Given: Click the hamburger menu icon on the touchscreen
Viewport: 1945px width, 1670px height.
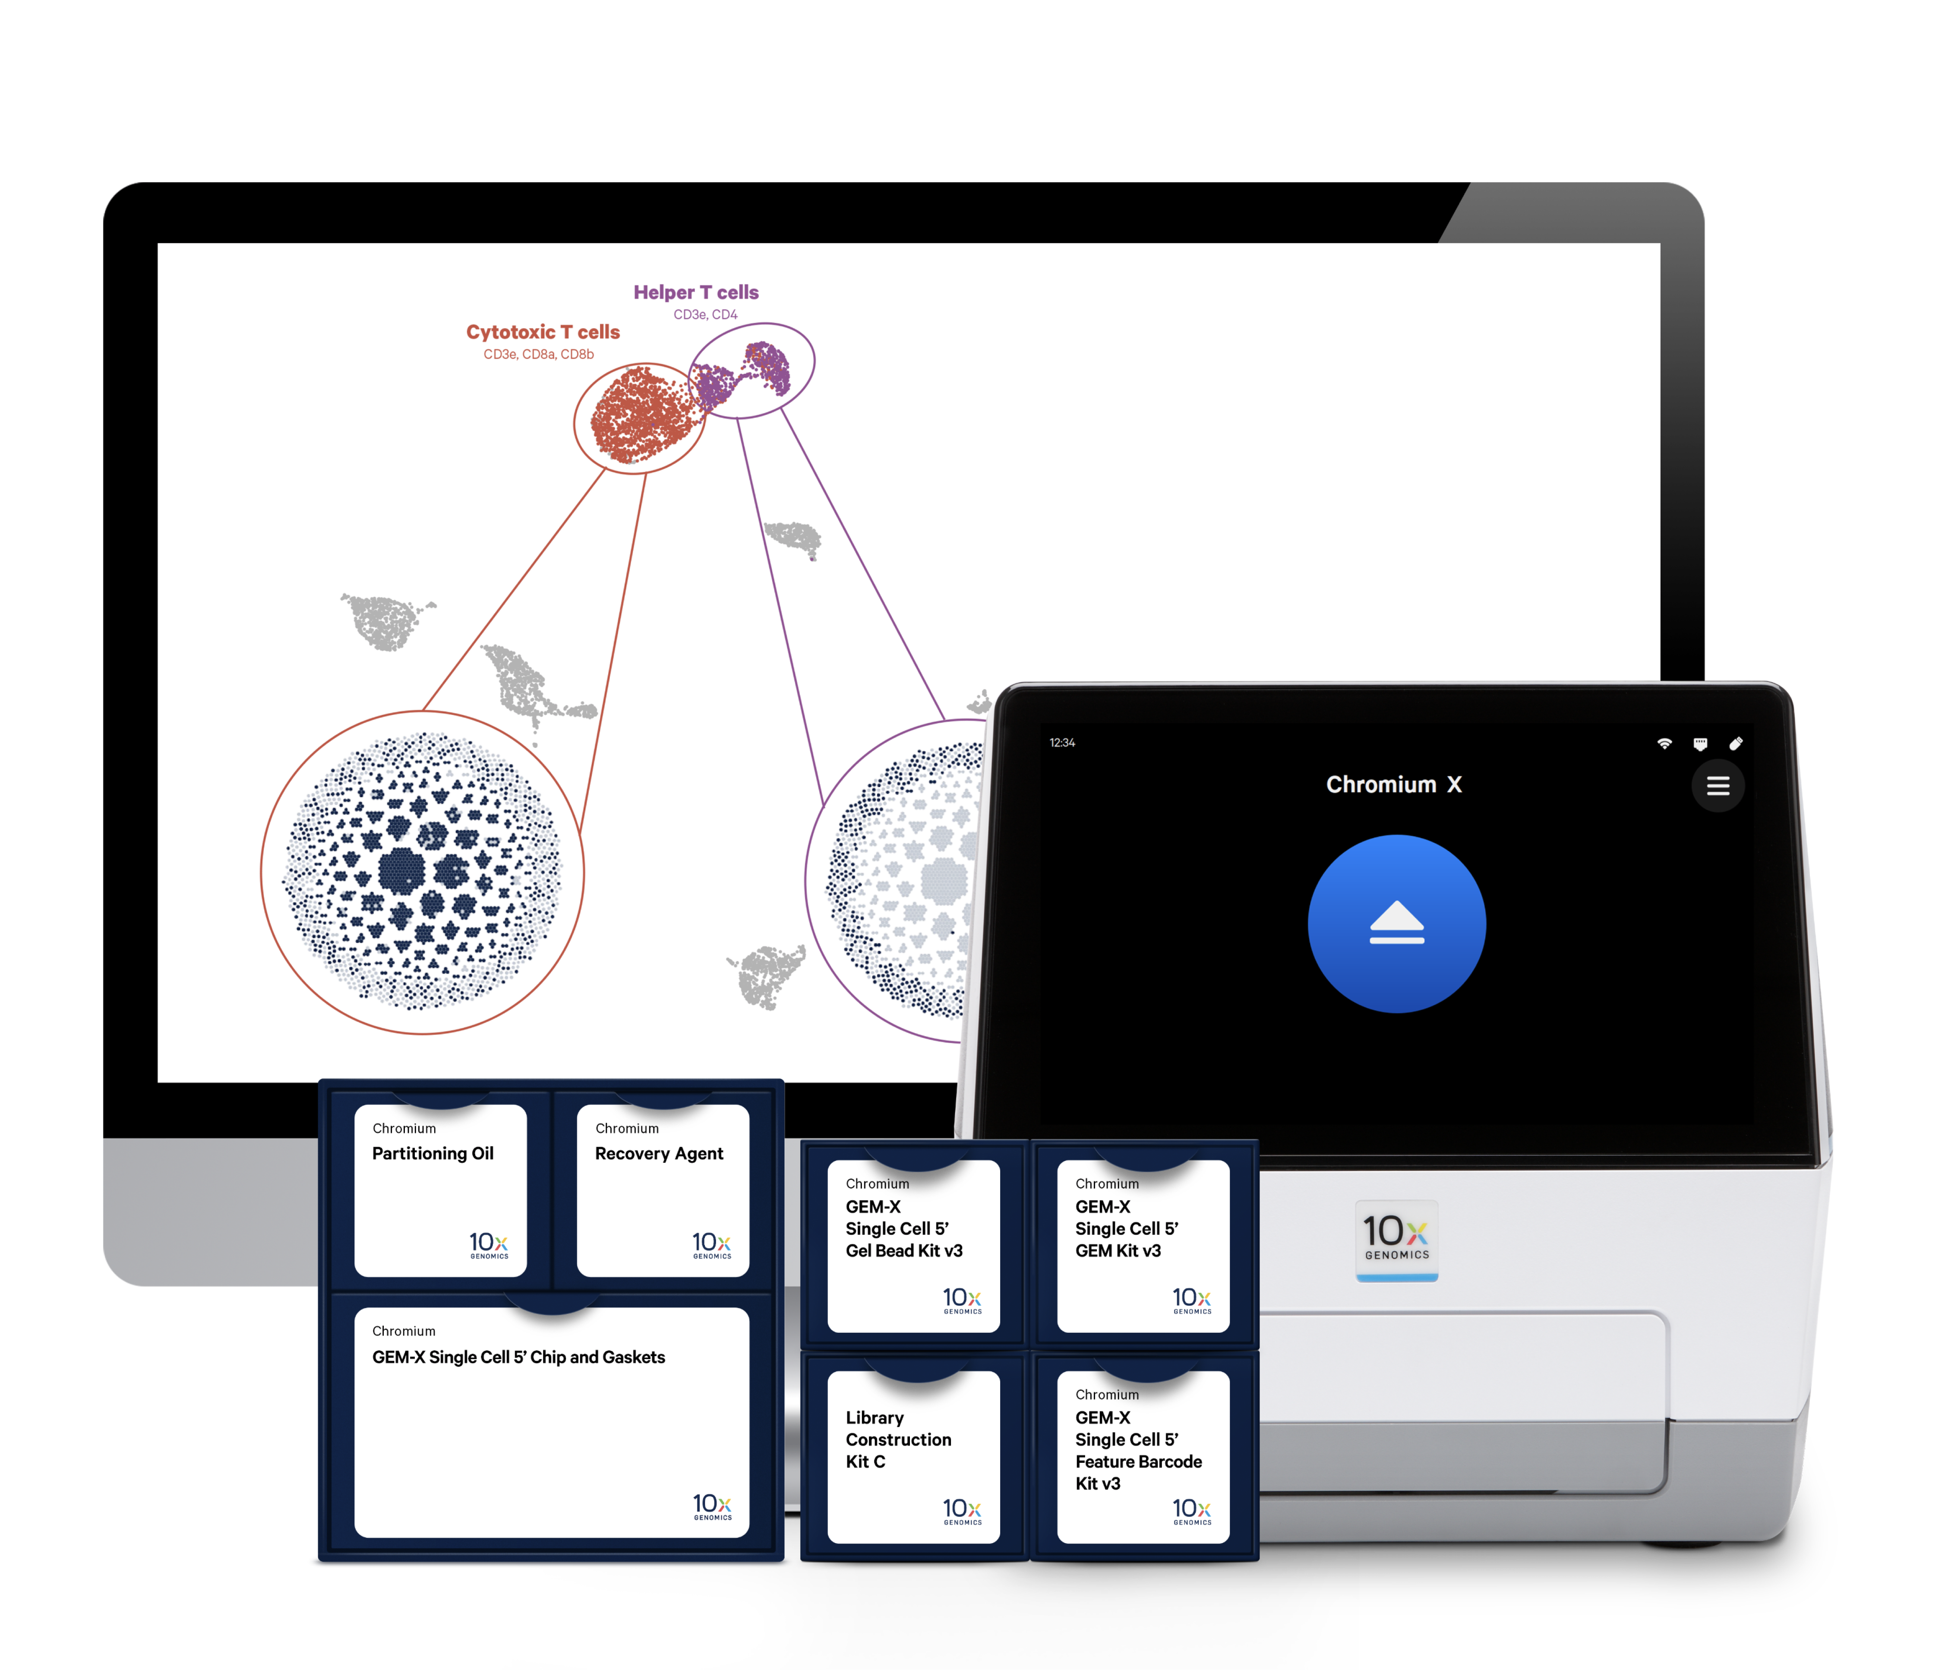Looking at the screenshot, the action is (1718, 786).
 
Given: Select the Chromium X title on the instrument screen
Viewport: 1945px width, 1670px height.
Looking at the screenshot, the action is (1394, 785).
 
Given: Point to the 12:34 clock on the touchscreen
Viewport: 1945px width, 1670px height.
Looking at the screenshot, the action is (1063, 743).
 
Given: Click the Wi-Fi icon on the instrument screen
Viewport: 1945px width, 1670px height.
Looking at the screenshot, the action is (1664, 743).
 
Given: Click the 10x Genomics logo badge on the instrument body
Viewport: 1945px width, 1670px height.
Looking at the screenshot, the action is (1397, 1239).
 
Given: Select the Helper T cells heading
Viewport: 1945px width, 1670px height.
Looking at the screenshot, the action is (695, 292).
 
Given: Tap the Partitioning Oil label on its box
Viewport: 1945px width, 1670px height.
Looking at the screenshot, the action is (433, 1154).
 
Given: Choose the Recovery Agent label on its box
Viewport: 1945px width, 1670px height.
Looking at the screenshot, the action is (659, 1154).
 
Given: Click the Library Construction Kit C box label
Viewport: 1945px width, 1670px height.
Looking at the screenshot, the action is (898, 1439).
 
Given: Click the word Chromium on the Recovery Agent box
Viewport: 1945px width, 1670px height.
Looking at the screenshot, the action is (627, 1128).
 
